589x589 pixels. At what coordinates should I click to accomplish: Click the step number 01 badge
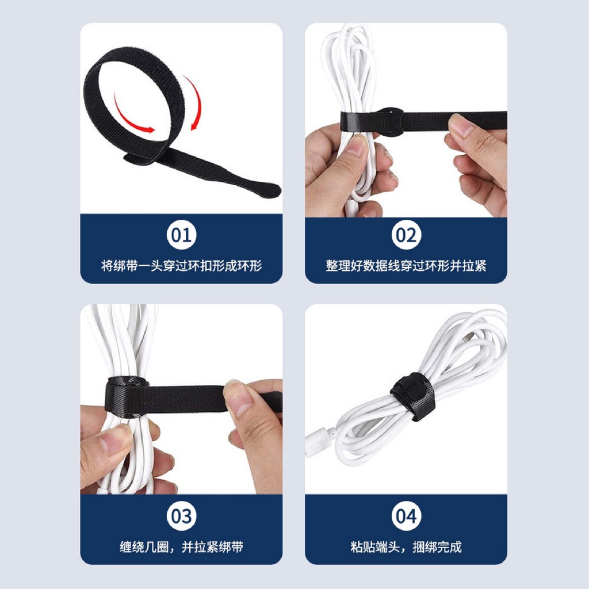coord(181,235)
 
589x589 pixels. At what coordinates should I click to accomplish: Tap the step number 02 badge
coord(406,235)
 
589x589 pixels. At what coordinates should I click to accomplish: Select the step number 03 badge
coord(181,516)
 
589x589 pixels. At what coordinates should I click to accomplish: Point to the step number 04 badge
coord(406,516)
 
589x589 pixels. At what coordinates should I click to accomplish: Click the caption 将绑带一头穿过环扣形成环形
coord(181,266)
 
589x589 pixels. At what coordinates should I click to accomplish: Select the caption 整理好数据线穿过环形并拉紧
coord(406,266)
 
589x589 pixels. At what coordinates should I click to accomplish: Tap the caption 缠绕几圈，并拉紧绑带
coord(181,546)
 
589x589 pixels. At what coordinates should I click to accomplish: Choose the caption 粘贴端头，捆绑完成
coord(406,546)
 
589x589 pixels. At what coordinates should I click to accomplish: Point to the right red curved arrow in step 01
coord(198,101)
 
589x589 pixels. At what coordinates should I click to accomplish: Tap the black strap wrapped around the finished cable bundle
coord(413,397)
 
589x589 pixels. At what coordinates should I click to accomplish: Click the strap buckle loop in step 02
coord(391,121)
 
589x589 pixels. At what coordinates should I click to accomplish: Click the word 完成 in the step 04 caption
coord(449,546)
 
